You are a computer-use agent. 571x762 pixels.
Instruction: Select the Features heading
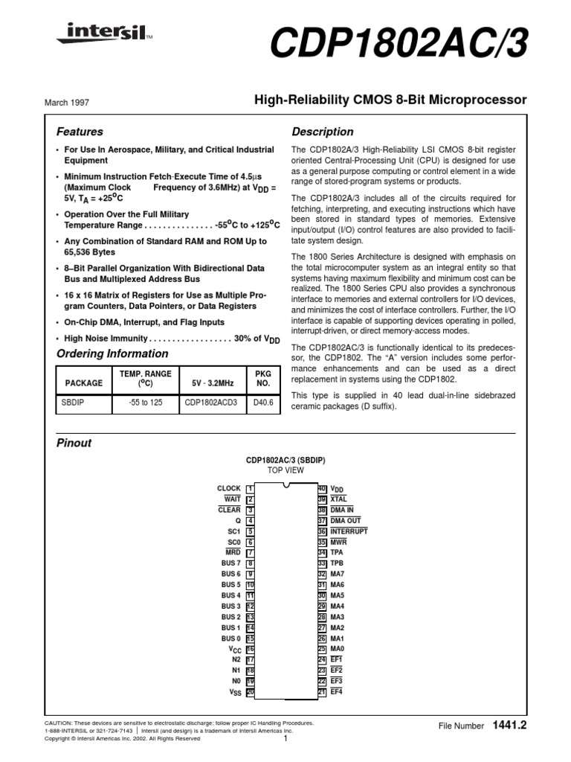click(80, 132)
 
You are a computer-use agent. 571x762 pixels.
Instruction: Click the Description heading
click(322, 132)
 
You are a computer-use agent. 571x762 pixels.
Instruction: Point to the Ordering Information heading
click(112, 353)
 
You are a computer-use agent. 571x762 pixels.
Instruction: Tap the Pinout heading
click(74, 443)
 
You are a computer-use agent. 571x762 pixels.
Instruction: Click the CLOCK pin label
click(229, 488)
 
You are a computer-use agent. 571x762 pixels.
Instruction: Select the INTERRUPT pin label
click(348, 531)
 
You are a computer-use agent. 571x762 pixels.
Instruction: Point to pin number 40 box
click(322, 488)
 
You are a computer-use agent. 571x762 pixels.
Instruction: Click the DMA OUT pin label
click(345, 521)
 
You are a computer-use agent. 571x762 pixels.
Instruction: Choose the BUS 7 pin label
click(231, 563)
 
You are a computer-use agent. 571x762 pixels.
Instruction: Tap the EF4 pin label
click(336, 692)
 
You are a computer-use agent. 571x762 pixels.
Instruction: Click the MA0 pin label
click(337, 649)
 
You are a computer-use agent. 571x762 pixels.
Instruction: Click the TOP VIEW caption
click(286, 471)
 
